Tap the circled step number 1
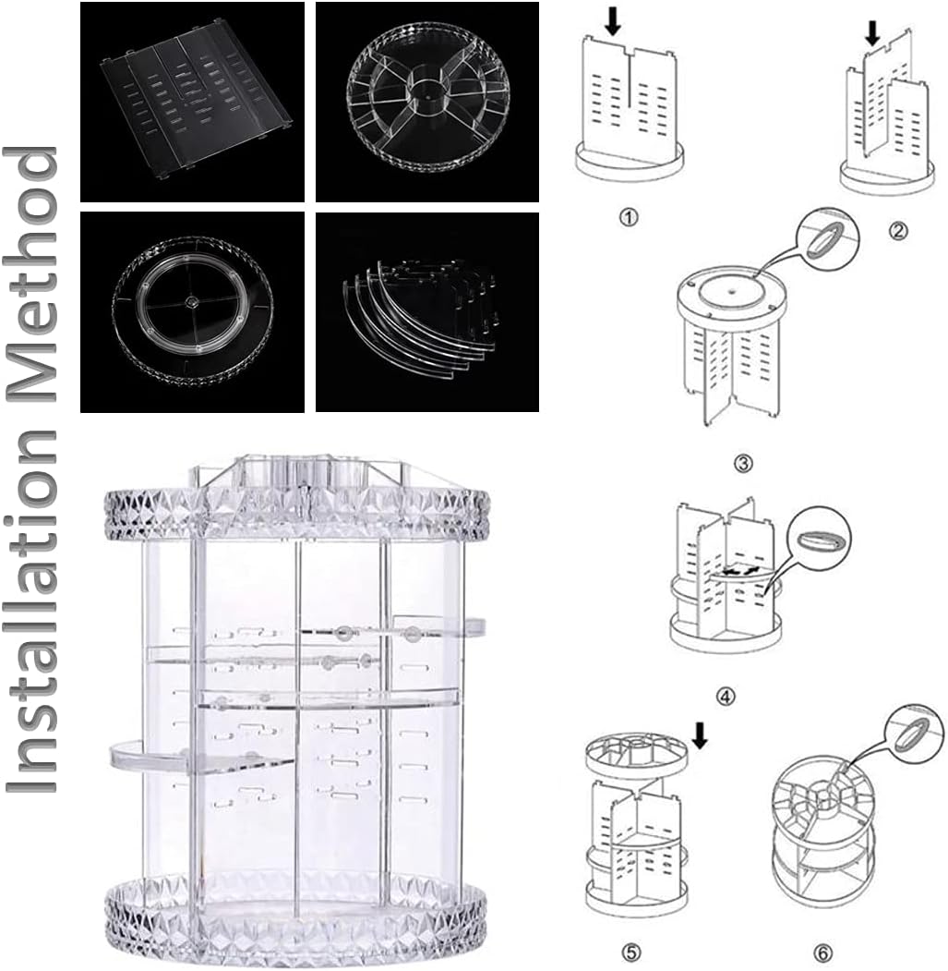(x=629, y=217)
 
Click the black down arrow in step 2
(x=871, y=34)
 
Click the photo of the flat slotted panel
(x=192, y=102)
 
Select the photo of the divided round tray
(x=427, y=102)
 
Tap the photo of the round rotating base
(x=192, y=311)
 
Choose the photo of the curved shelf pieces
(x=427, y=311)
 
